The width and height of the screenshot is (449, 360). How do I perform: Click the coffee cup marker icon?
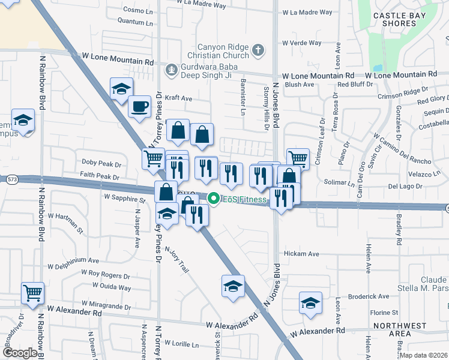pos(140,107)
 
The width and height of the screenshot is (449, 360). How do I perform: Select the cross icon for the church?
pos(258,50)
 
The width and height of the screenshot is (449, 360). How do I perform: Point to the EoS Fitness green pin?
pos(212,198)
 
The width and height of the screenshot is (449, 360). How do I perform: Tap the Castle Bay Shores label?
pos(394,19)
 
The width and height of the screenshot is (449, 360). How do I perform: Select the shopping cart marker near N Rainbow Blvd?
pos(32,293)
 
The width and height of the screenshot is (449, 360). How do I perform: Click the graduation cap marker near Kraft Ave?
pos(121,89)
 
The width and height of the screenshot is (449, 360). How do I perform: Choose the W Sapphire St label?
pos(125,196)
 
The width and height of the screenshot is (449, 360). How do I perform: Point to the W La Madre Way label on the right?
pos(307,12)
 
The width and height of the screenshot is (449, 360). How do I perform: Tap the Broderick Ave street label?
pos(369,296)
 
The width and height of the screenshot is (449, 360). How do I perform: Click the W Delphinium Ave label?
pos(73,261)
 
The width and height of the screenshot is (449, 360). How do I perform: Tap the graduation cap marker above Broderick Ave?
pos(310,303)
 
